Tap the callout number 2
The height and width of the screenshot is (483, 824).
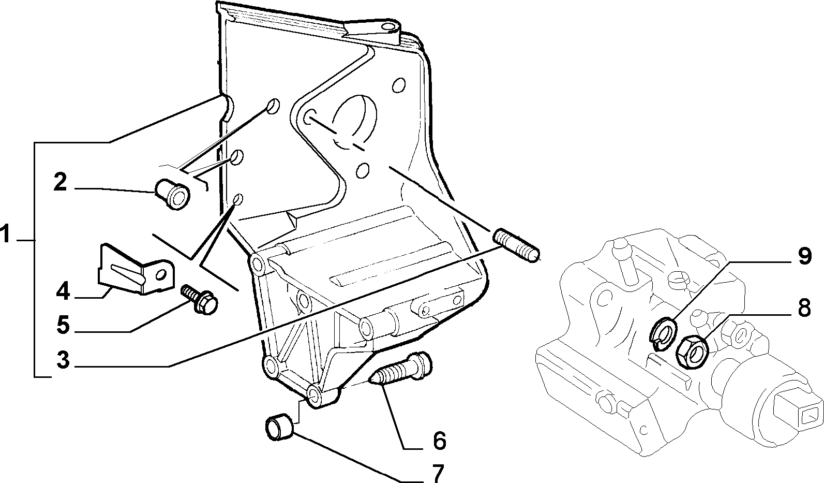tap(61, 182)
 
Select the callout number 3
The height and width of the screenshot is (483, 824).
tap(63, 359)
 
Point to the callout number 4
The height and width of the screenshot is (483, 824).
tap(63, 291)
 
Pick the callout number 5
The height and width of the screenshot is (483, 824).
tap(63, 326)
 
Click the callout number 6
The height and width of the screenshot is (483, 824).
tap(440, 441)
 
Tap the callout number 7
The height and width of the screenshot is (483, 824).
tap(438, 473)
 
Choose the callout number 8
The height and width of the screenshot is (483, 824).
tap(804, 308)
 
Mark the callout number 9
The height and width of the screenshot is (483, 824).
tap(805, 256)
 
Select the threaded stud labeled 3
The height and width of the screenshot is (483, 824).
tap(517, 245)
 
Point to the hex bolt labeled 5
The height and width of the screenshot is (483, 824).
tap(200, 300)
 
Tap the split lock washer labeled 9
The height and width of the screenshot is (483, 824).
tap(662, 333)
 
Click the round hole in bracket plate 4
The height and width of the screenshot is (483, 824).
tap(160, 275)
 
